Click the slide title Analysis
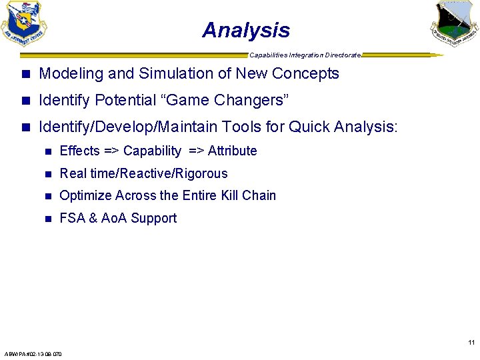[x=246, y=30]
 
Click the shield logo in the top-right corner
[x=454, y=23]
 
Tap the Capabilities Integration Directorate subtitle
[x=305, y=55]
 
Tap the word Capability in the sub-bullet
[x=152, y=151]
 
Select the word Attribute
[x=232, y=151]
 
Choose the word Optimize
[x=85, y=195]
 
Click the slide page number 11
[x=471, y=343]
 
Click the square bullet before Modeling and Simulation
[x=25, y=74]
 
